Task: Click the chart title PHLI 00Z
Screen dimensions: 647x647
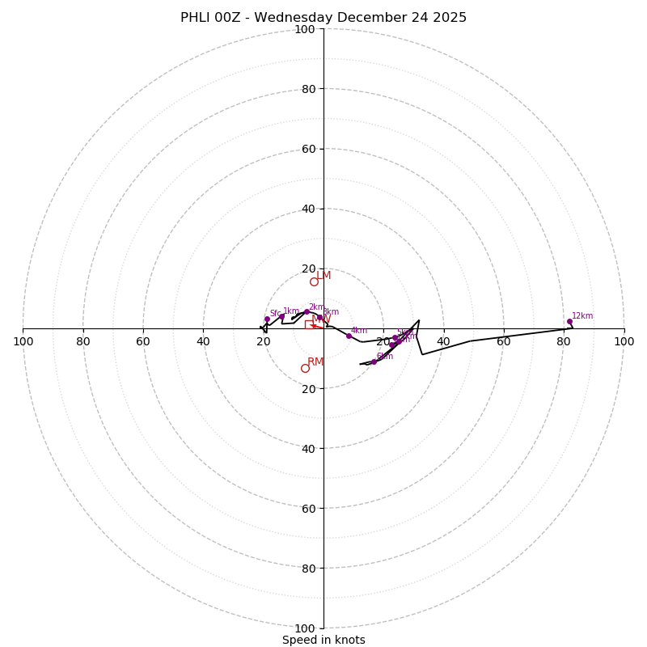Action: [323, 18]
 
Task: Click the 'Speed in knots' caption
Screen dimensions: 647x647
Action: [323, 640]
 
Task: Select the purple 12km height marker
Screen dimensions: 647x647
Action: [569, 321]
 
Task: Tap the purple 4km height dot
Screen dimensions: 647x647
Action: [349, 336]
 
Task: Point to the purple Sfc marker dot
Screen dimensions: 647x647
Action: [267, 319]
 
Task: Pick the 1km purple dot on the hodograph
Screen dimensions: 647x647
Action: [281, 316]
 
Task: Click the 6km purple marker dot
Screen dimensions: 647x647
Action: [374, 362]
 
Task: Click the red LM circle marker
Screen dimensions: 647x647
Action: [314, 281]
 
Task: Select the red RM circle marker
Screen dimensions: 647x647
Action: [305, 368]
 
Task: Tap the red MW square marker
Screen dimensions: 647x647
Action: [309, 324]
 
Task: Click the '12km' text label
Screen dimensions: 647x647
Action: [582, 316]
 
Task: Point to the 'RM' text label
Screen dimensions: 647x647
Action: [315, 362]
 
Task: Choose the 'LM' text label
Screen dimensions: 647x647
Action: [323, 276]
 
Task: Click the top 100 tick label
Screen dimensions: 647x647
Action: [305, 29]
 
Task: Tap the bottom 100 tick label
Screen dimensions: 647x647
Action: [305, 628]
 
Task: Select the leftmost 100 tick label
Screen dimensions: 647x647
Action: [23, 341]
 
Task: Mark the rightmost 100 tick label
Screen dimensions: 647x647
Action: [624, 341]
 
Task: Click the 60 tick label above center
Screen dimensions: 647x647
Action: [308, 149]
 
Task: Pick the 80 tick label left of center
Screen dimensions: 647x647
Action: [83, 341]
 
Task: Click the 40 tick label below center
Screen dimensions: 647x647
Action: [308, 448]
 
